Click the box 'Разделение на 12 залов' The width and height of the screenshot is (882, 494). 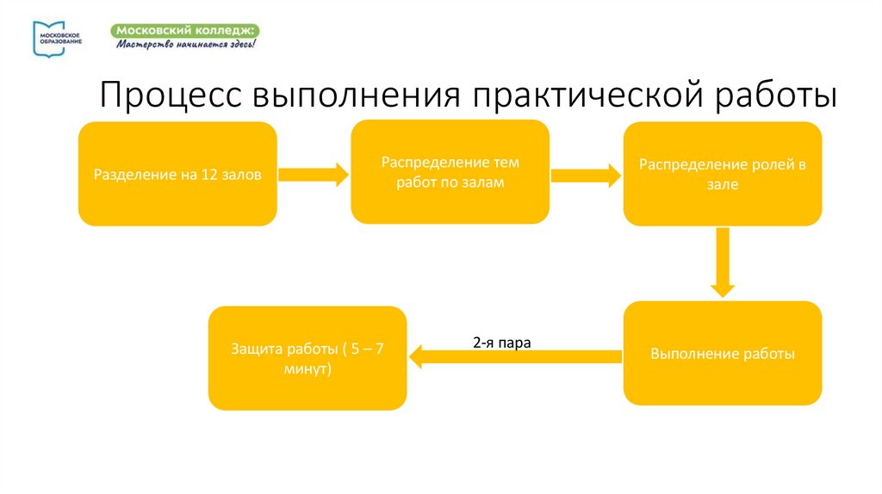pos(177,174)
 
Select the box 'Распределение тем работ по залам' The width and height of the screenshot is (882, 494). pos(450,172)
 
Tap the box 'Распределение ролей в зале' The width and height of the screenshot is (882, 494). pos(723,174)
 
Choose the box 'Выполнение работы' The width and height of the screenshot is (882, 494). pos(723,354)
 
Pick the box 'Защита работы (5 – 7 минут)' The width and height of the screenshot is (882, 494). pos(307,358)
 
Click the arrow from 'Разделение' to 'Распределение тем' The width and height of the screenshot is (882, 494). pos(314,175)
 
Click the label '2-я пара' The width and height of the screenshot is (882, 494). pos(501,342)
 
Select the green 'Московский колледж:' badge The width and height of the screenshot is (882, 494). pos(184,30)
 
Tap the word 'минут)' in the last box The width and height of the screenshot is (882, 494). pos(307,367)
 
